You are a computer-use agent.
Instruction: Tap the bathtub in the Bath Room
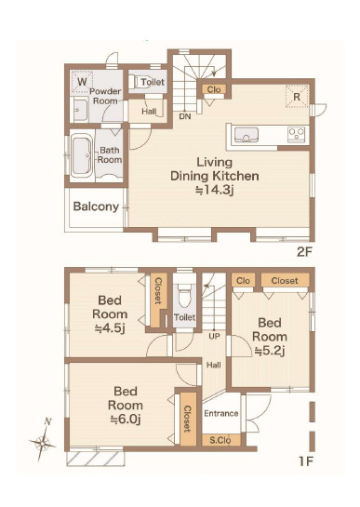(81, 157)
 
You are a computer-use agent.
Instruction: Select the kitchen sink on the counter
(247, 135)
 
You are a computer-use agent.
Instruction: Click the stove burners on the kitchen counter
(297, 134)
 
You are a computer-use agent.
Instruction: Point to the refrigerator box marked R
(297, 96)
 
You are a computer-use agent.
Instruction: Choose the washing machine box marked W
(82, 82)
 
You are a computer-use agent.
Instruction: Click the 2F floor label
(304, 252)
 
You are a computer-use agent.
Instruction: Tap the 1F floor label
(305, 461)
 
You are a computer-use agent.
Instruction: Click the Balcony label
(96, 207)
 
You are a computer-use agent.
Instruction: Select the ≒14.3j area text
(215, 190)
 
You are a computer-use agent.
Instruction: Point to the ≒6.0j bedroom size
(126, 419)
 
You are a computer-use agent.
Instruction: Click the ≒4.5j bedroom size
(110, 328)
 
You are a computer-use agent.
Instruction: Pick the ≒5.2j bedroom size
(270, 351)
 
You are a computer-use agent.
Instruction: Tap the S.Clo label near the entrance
(220, 440)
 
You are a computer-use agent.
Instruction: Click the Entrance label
(221, 414)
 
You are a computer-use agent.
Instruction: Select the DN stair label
(185, 116)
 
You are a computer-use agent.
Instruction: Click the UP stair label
(214, 336)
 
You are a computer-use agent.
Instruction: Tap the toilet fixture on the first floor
(185, 296)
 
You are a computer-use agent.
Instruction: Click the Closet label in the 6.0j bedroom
(188, 419)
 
